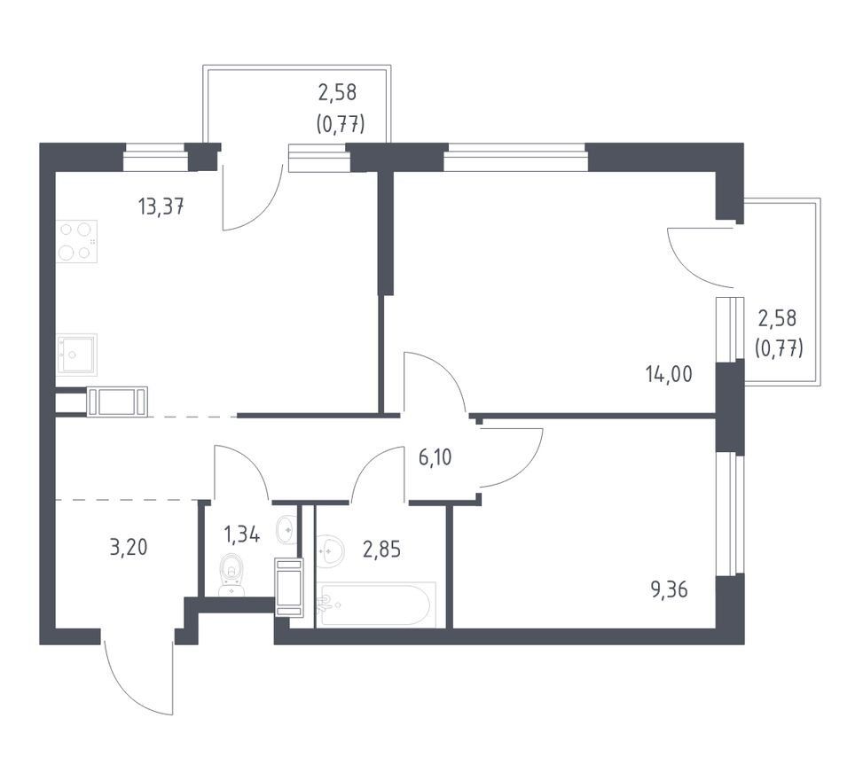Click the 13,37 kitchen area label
click(x=161, y=207)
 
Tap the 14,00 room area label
click(x=669, y=375)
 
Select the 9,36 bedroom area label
click(x=670, y=590)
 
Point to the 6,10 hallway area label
click(x=435, y=457)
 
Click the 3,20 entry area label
click(x=129, y=548)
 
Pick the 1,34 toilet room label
click(x=241, y=534)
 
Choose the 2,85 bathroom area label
click(x=382, y=549)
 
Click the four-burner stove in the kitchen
click(x=76, y=241)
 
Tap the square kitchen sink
click(x=76, y=355)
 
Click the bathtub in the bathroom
click(x=376, y=604)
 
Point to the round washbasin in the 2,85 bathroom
click(x=331, y=550)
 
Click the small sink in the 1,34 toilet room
click(x=286, y=529)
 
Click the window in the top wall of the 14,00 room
click(x=515, y=158)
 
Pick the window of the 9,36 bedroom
click(x=730, y=515)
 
